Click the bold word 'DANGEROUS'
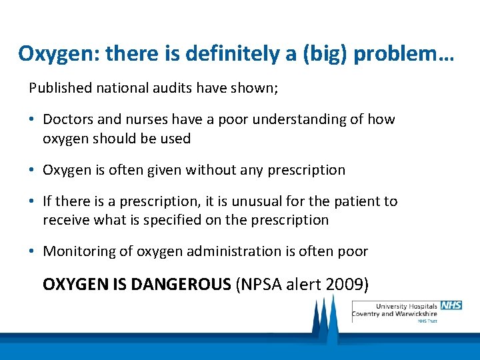(x=181, y=285)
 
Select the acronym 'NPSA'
(x=265, y=285)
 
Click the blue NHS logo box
(x=451, y=305)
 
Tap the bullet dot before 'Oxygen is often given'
(x=32, y=171)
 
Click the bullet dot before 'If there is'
(x=32, y=201)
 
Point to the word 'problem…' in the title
(x=404, y=53)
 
